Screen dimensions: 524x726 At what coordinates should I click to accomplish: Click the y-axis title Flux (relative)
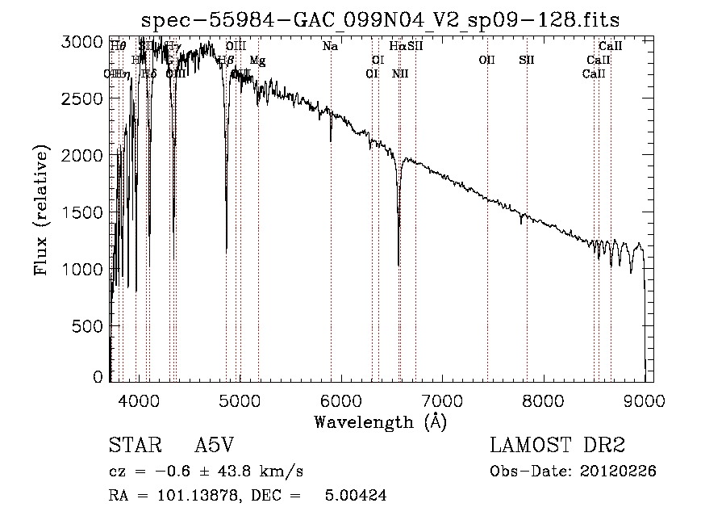pyautogui.click(x=40, y=210)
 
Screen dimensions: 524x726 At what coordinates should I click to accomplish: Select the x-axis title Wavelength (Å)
pyautogui.click(x=380, y=421)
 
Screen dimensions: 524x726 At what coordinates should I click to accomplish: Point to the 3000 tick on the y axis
pyautogui.click(x=84, y=42)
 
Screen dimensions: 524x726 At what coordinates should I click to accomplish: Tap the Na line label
pyautogui.click(x=330, y=47)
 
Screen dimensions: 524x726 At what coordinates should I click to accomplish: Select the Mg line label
pyautogui.click(x=257, y=61)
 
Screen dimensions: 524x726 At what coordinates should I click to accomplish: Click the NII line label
pyautogui.click(x=400, y=74)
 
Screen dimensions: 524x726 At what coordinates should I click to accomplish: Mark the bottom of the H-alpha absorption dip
pyautogui.click(x=398, y=263)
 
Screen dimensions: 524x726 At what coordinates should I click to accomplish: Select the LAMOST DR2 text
pyautogui.click(x=557, y=446)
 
